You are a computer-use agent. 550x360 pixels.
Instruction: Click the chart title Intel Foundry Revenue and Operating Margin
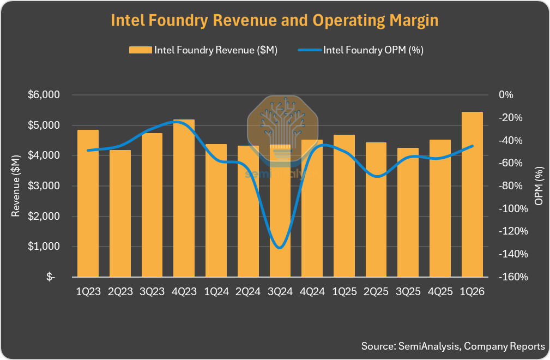click(275, 21)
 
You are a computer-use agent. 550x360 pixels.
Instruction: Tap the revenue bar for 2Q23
click(120, 213)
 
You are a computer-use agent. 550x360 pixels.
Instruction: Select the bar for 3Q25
click(408, 212)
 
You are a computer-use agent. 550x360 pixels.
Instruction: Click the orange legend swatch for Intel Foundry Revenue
click(140, 50)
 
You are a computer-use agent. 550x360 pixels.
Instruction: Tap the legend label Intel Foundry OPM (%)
click(373, 50)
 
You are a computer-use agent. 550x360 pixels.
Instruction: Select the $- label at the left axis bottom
click(51, 277)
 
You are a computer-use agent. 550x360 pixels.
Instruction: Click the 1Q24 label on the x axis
click(216, 292)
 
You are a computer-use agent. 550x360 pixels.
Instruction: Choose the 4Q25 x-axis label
click(440, 292)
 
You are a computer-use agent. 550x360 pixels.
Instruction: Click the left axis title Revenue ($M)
click(16, 186)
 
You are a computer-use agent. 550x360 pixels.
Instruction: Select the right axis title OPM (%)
click(539, 186)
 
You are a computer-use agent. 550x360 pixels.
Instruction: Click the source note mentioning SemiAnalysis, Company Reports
click(452, 346)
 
